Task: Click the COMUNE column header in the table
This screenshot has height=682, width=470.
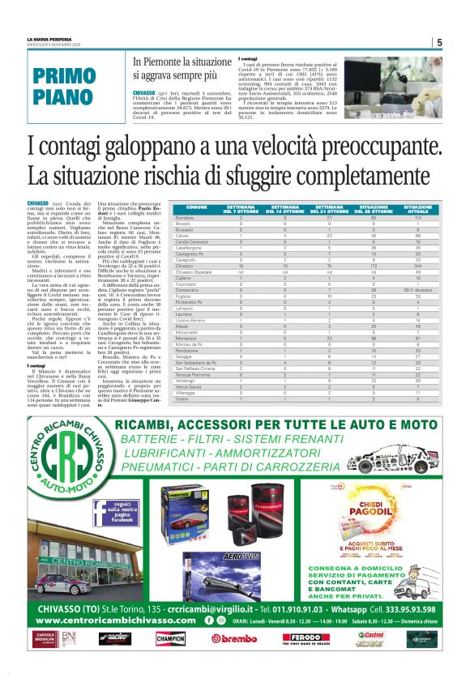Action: coord(195,209)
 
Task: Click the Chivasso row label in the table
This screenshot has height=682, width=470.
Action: coord(185,266)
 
